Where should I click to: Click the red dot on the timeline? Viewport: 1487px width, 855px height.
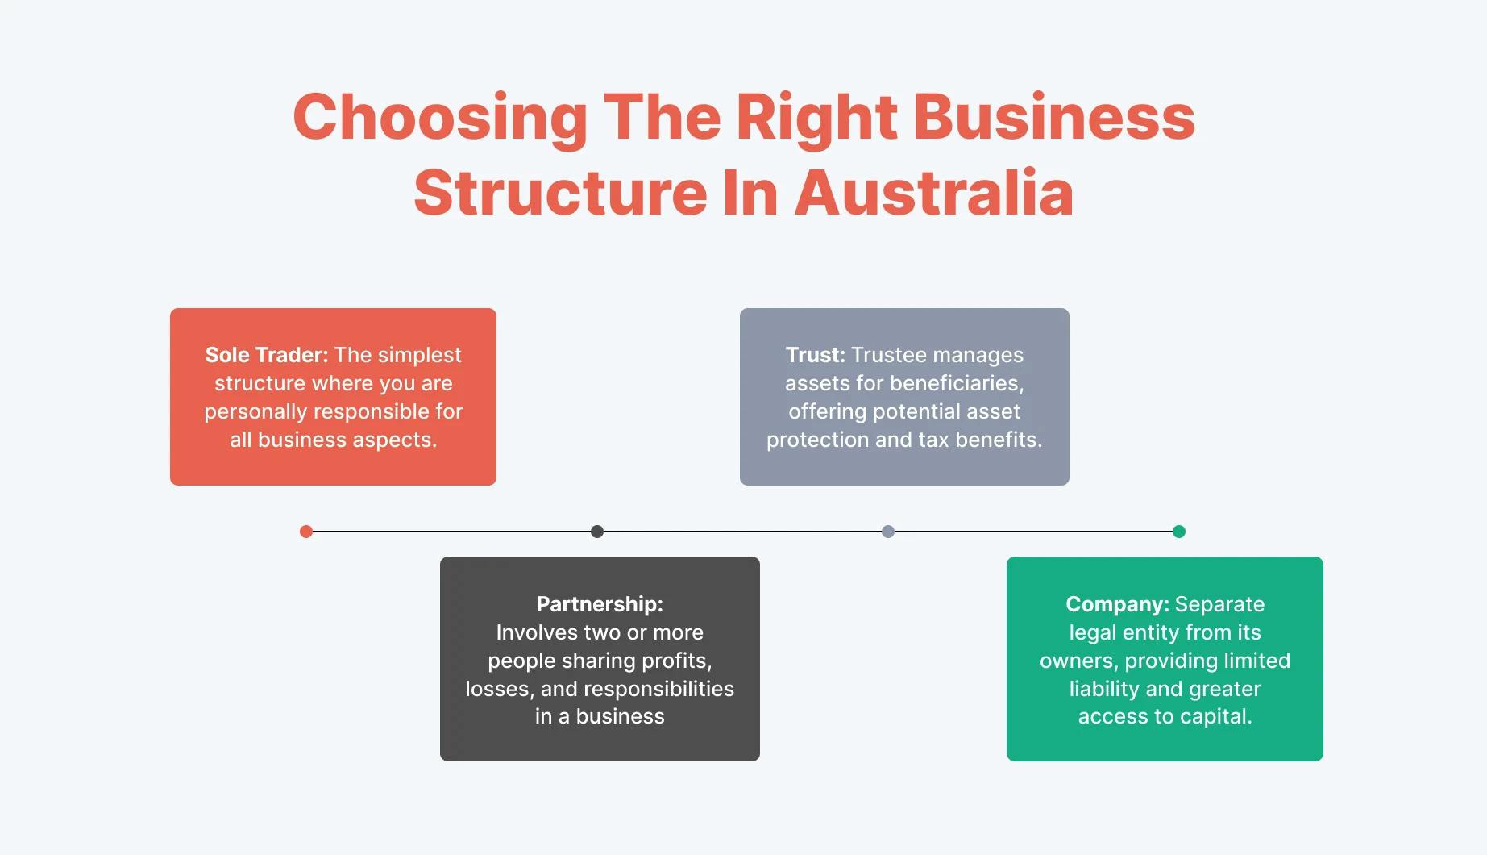306,532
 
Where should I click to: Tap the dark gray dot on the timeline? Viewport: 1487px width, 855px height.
597,532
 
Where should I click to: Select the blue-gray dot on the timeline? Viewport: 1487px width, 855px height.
888,532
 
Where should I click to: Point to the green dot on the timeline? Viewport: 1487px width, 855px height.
1179,532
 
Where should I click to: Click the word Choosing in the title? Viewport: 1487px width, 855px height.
440,118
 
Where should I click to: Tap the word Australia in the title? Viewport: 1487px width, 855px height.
934,194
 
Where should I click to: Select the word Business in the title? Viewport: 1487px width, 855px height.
1053,118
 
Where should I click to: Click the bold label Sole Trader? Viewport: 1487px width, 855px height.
267,355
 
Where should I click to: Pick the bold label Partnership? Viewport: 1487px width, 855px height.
600,604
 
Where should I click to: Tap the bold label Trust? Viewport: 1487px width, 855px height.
815,355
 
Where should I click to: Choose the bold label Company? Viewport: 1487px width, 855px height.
1117,604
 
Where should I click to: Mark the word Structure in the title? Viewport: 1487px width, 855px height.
561,194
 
